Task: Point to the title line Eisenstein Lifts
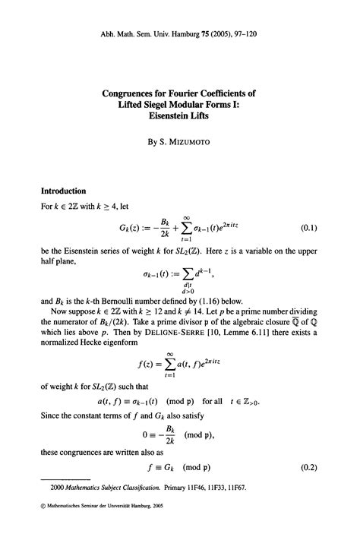(x=179, y=120)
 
